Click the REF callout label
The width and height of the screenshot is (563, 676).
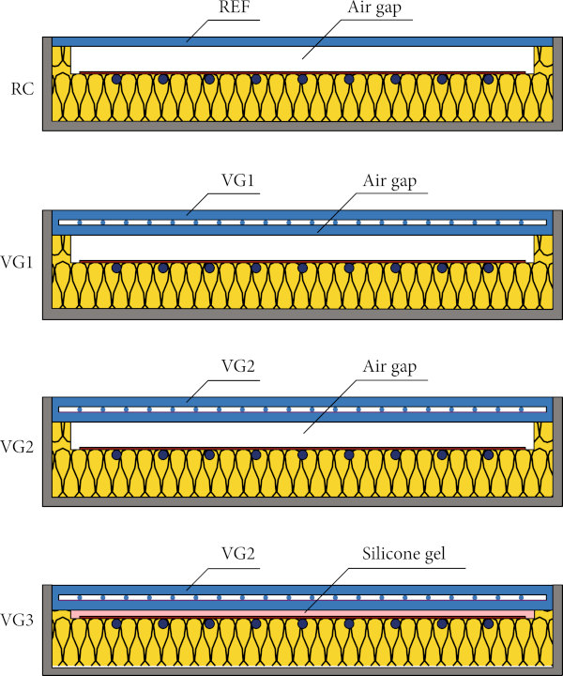[x=235, y=8]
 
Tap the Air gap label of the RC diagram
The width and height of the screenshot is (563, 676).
[x=374, y=8]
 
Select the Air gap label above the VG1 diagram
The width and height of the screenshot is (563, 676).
[x=389, y=181]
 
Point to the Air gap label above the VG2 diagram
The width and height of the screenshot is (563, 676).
[x=389, y=367]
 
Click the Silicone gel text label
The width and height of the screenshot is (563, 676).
[x=403, y=554]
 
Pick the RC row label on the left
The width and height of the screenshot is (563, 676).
[x=23, y=89]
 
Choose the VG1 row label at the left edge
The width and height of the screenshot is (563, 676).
[x=17, y=262]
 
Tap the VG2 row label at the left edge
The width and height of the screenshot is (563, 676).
[x=17, y=447]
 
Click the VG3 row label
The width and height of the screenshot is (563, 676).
[x=17, y=620]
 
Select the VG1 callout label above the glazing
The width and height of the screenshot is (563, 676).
[x=237, y=180]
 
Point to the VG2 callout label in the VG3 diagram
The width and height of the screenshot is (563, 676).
[x=238, y=553]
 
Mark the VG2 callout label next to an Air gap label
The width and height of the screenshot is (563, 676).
[x=238, y=366]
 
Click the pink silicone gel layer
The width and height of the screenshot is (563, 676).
[x=302, y=613]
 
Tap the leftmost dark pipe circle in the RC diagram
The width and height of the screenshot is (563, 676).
[x=116, y=79]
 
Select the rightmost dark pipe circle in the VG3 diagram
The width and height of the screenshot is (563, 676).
[x=488, y=623]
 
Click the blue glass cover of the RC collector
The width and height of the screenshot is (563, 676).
[x=302, y=42]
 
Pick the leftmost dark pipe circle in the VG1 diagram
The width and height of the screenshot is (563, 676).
[x=116, y=269]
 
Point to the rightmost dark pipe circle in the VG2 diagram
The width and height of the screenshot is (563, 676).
[x=488, y=454]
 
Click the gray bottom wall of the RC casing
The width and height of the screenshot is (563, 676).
[x=302, y=126]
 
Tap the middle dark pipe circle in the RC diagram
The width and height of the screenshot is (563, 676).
[x=302, y=79]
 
